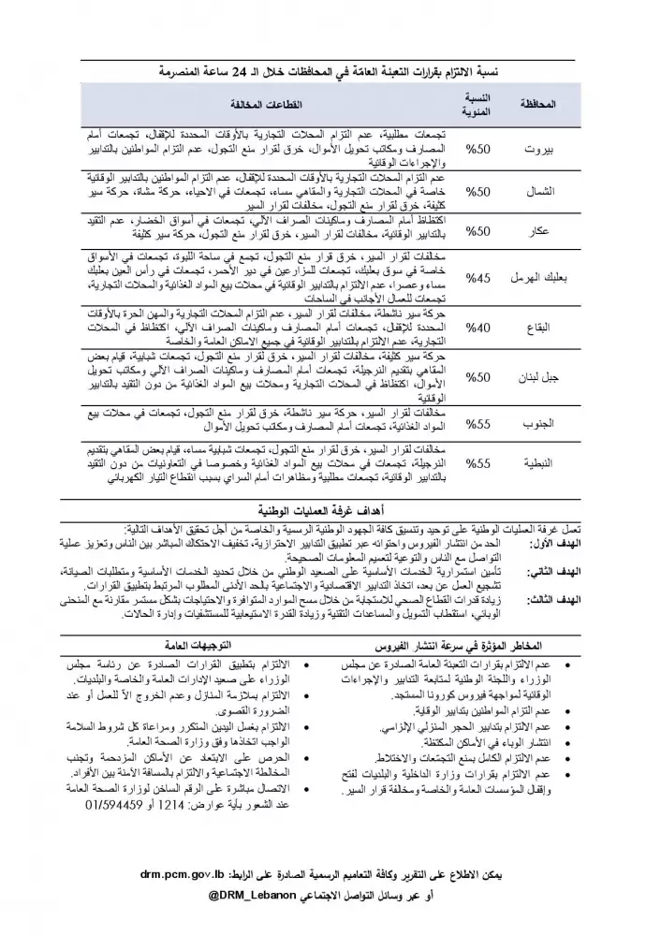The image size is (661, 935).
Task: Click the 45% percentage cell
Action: [x=479, y=276]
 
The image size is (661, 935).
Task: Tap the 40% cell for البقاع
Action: [x=479, y=328]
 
